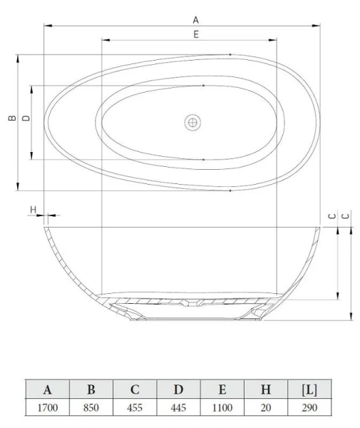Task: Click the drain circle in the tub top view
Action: coord(191,123)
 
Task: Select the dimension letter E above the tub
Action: coord(195,34)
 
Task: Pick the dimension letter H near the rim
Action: coord(33,210)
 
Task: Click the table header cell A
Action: coord(48,389)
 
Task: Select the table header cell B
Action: coord(91,389)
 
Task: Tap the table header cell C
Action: coord(134,389)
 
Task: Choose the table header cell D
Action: coord(178,389)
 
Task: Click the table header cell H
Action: coord(265,389)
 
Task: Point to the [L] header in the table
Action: coord(309,389)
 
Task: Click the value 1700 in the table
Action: coord(48,408)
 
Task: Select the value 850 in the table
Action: coord(91,408)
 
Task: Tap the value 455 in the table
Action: coord(134,408)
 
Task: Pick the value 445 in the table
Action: coord(178,408)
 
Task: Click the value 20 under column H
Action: coord(265,408)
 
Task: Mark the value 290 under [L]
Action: coord(309,408)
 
